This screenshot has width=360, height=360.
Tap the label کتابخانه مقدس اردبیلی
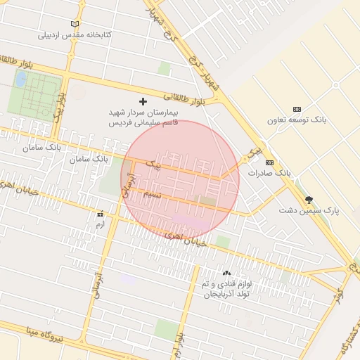coord(75,34)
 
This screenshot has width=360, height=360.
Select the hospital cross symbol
coord(144,102)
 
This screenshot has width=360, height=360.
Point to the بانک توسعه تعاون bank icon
coord(297,109)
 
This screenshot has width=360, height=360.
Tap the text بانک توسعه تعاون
coord(297,120)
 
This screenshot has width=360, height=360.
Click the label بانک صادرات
coord(269,172)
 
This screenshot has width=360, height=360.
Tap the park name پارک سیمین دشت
coord(308,210)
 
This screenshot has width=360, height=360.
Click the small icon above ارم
coord(99,214)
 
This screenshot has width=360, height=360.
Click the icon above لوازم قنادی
coord(226,274)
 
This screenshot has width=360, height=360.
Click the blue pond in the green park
coord(20,79)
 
